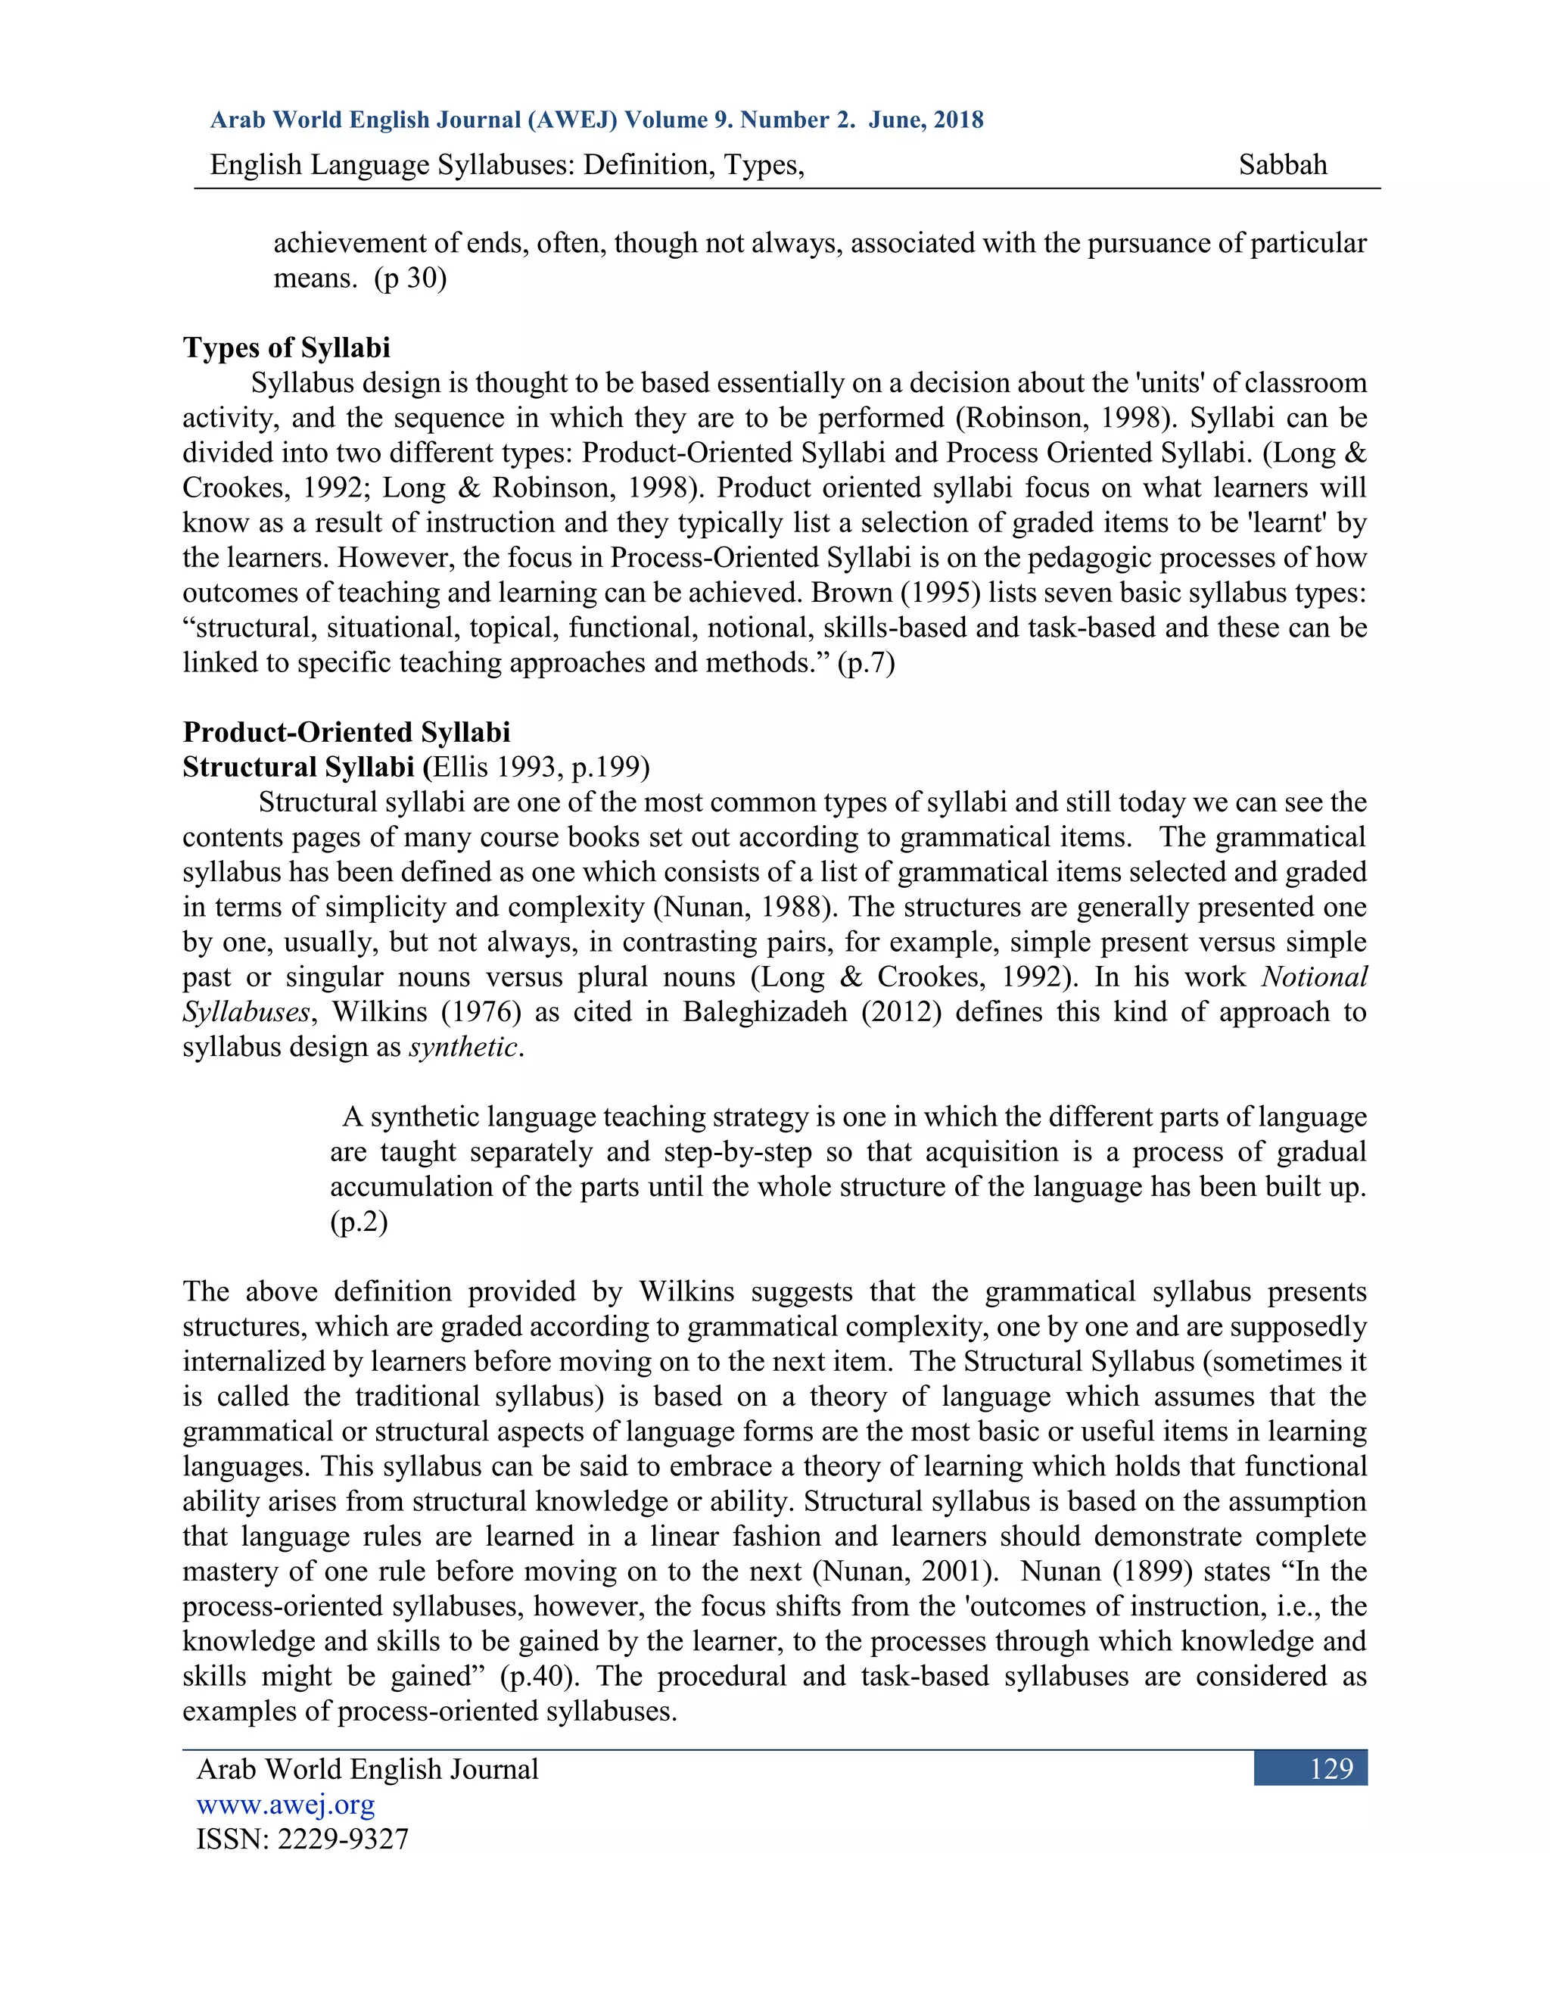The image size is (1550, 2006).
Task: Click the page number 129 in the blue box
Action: point(1331,1768)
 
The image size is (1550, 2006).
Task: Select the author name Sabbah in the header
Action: point(1282,164)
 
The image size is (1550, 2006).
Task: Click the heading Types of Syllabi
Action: point(287,347)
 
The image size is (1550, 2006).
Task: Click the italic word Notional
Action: point(1314,977)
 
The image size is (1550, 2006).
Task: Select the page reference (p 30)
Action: point(409,277)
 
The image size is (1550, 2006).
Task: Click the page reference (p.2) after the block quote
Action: point(359,1222)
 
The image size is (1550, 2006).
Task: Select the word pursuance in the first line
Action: point(1149,244)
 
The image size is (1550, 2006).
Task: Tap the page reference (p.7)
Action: point(865,662)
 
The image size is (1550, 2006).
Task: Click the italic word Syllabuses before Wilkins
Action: point(246,1011)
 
